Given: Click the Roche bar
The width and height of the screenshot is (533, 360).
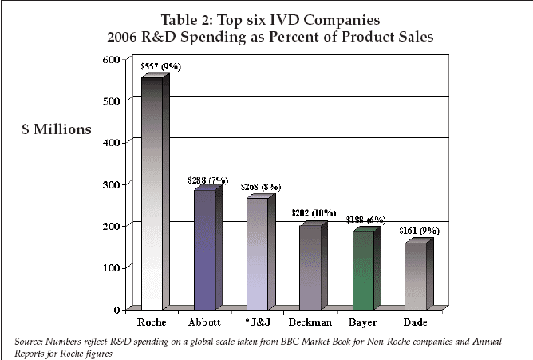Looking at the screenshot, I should pyautogui.click(x=152, y=192).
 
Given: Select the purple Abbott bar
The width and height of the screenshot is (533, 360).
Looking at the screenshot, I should pyautogui.click(x=204, y=247).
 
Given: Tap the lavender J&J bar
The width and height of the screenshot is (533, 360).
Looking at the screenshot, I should pyautogui.click(x=257, y=252).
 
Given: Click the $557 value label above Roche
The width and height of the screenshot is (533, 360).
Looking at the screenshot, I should pyautogui.click(x=160, y=67).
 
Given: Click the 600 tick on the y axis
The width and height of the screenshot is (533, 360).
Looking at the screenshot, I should pyautogui.click(x=111, y=60).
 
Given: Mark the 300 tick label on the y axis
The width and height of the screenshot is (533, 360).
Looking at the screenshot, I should pyautogui.click(x=111, y=184).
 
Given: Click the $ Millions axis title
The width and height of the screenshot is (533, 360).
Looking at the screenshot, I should pyautogui.click(x=56, y=129).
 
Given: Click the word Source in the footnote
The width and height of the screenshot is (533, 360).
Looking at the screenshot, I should pyautogui.click(x=33, y=342).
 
